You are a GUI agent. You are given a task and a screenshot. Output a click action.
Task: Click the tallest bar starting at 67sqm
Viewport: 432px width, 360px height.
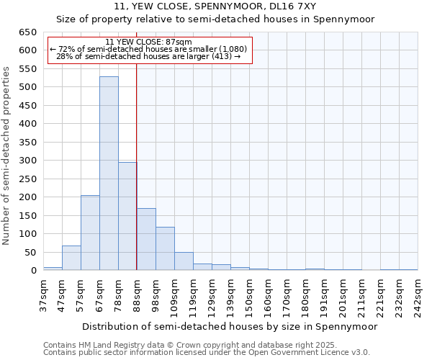pyautogui.click(x=109, y=173)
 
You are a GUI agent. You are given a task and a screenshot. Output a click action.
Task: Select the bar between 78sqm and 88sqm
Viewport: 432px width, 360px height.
pyautogui.click(x=127, y=216)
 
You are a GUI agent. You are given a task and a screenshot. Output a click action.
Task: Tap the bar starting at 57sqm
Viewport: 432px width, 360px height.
pyautogui.click(x=90, y=233)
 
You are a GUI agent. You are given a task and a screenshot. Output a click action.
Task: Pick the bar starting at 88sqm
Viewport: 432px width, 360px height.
pyautogui.click(x=146, y=239)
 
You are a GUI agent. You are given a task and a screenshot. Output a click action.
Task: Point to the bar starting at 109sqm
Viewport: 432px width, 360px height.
pyautogui.click(x=184, y=261)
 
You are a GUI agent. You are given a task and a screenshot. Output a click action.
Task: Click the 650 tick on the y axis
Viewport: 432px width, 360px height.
pyautogui.click(x=27, y=32)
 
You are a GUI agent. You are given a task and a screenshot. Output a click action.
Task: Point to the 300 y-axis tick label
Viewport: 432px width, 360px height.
pyautogui.click(x=27, y=161)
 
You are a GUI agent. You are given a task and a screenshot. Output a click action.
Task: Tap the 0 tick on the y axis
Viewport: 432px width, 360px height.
pyautogui.click(x=33, y=271)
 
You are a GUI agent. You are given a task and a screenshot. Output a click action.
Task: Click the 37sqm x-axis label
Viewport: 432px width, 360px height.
pyautogui.click(x=43, y=294)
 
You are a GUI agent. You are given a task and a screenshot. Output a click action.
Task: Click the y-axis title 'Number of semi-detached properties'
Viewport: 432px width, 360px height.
pyautogui.click(x=7, y=156)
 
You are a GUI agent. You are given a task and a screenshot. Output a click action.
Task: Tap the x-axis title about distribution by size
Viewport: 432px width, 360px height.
pyautogui.click(x=230, y=326)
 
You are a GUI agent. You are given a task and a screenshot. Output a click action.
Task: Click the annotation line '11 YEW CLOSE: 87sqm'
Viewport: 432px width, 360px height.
pyautogui.click(x=148, y=42)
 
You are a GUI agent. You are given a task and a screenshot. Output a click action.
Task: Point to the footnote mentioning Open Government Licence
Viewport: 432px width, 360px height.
pyautogui.click(x=207, y=352)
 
